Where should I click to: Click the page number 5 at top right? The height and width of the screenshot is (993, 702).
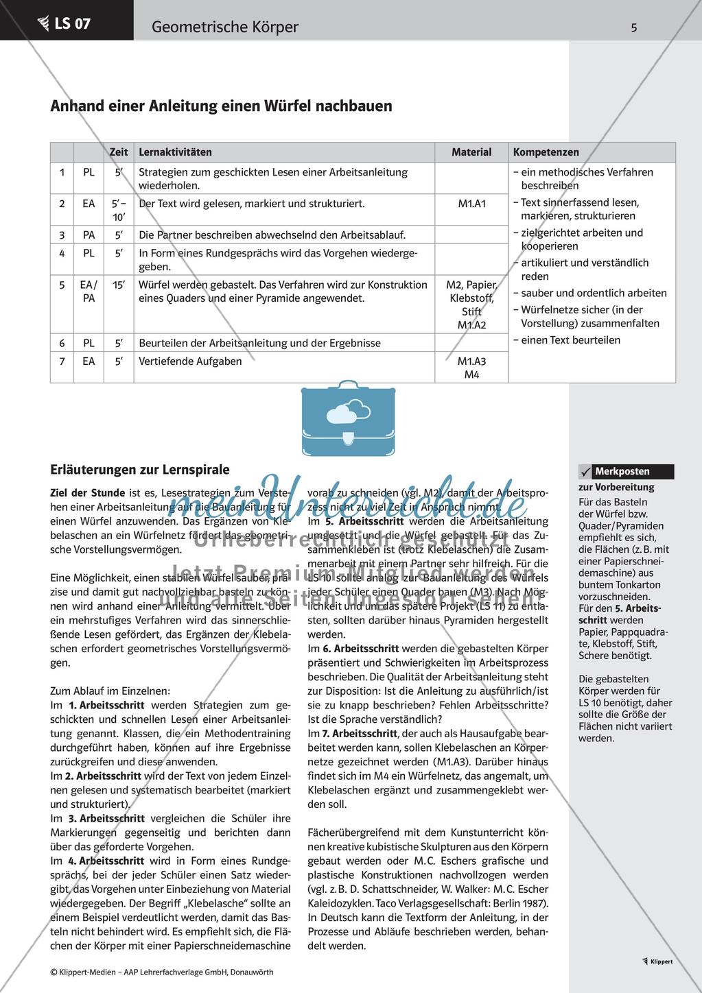tap(633, 27)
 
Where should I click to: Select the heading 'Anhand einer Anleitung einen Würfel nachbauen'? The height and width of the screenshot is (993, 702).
tap(222, 106)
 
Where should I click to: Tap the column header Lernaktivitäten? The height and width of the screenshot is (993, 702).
tap(175, 152)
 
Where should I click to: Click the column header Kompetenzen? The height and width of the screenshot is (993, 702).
tap(546, 152)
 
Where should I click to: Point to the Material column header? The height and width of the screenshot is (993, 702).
tap(471, 152)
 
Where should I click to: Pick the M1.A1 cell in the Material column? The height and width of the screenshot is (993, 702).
tap(471, 204)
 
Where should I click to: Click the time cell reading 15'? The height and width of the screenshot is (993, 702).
tap(119, 285)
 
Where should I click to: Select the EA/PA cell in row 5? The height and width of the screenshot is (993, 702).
tap(89, 291)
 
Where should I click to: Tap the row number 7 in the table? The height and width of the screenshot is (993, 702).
tap(62, 361)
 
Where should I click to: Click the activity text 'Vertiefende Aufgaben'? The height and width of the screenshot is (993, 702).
tap(190, 361)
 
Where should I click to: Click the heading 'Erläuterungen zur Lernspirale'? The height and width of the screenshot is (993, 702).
tap(140, 470)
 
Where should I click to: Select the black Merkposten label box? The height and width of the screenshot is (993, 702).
tap(632, 472)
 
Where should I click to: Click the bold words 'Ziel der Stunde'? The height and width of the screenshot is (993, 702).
tap(88, 492)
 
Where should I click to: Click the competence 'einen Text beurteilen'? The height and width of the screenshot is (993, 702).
tap(570, 340)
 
